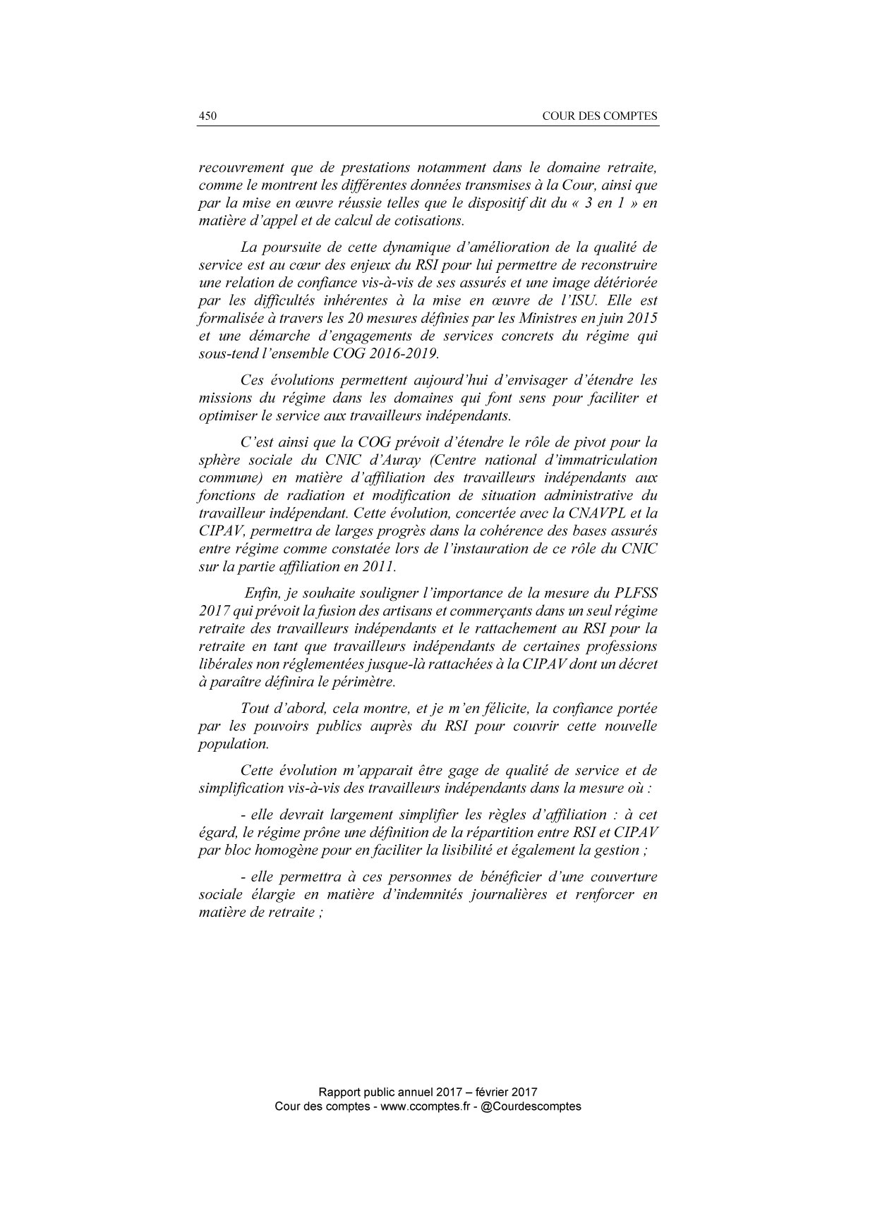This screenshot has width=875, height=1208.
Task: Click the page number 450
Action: point(207,116)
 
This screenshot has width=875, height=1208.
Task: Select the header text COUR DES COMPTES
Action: point(600,116)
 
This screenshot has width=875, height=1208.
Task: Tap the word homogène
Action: point(277,850)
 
